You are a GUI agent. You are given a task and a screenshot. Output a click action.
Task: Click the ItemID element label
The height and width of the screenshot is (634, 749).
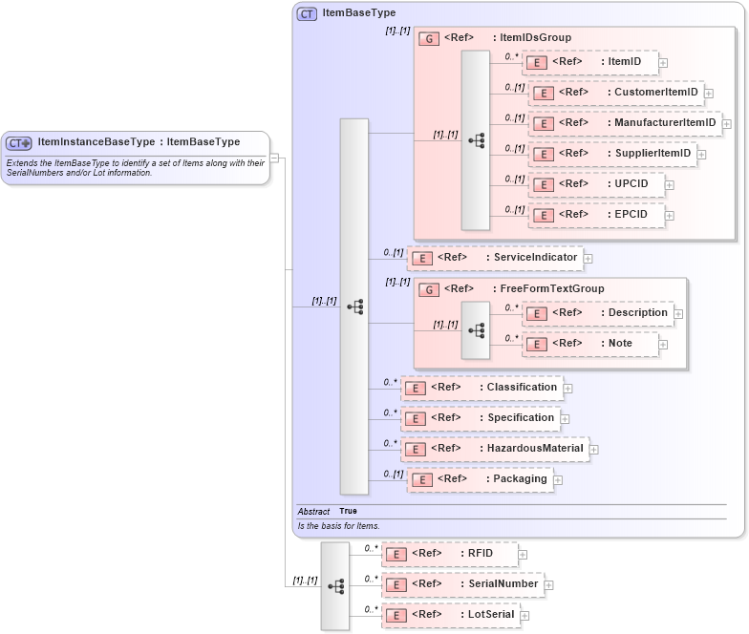click(624, 62)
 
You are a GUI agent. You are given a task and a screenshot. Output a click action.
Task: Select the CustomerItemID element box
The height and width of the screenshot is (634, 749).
click(616, 93)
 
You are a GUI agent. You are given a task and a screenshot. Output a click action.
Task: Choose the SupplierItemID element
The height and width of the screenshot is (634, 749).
click(611, 154)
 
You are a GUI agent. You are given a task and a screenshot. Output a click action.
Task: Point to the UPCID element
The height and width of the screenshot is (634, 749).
click(597, 184)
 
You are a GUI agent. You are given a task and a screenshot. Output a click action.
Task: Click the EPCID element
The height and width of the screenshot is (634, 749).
click(597, 215)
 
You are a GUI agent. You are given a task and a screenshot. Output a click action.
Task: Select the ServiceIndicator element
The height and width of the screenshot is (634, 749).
click(495, 258)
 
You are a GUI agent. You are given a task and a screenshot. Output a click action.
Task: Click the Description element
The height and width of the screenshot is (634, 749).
click(597, 313)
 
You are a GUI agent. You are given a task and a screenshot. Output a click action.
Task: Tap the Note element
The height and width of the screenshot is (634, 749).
click(589, 344)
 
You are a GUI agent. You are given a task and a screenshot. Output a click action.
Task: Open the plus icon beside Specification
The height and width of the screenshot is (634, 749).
click(566, 418)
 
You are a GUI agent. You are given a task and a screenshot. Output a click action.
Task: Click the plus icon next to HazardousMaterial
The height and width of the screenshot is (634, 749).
click(593, 449)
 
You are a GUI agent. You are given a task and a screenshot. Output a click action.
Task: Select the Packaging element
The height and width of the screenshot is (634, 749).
click(481, 479)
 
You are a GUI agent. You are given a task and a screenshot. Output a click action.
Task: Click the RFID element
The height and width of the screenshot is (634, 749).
click(449, 554)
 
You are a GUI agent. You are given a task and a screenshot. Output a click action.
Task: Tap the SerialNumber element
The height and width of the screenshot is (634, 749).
click(462, 584)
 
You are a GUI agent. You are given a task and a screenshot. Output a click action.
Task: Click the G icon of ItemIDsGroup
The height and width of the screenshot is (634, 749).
click(430, 38)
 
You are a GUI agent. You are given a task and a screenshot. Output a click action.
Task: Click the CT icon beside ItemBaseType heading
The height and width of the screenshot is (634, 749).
click(307, 13)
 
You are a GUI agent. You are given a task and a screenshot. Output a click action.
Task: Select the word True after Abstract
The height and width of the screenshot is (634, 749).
click(348, 511)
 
